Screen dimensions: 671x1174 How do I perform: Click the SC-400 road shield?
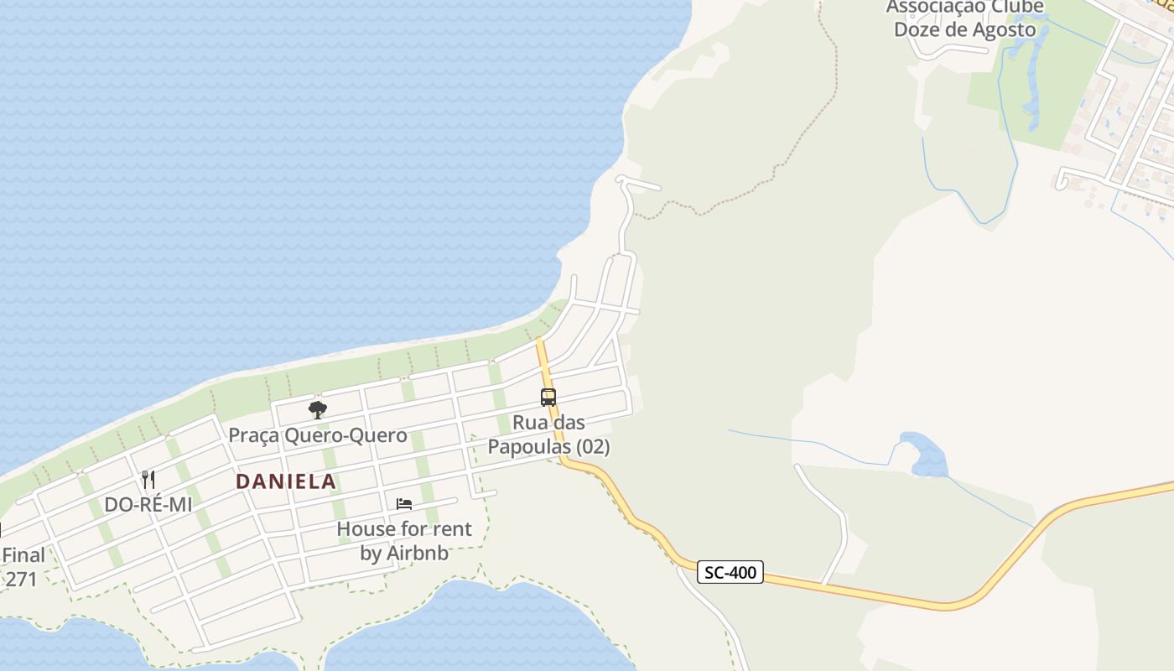pos(730,573)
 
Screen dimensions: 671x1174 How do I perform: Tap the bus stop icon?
pos(548,398)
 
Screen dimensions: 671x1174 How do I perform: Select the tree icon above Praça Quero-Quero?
pos(317,410)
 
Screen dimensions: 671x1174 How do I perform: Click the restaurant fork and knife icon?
pos(148,480)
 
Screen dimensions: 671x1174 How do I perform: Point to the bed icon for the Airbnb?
pos(404,504)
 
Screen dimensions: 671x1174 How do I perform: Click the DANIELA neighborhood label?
pos(286,481)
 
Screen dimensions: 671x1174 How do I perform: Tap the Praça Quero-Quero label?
pos(318,435)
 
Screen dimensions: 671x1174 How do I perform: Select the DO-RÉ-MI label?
pos(148,505)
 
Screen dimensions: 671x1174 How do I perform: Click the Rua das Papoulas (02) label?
pos(548,434)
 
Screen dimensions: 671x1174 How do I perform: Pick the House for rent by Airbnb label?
pos(404,541)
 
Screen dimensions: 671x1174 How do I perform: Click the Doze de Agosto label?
pos(964,29)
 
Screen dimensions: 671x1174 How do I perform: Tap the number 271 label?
pos(21,579)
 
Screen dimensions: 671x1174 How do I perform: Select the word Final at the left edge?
pos(23,555)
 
